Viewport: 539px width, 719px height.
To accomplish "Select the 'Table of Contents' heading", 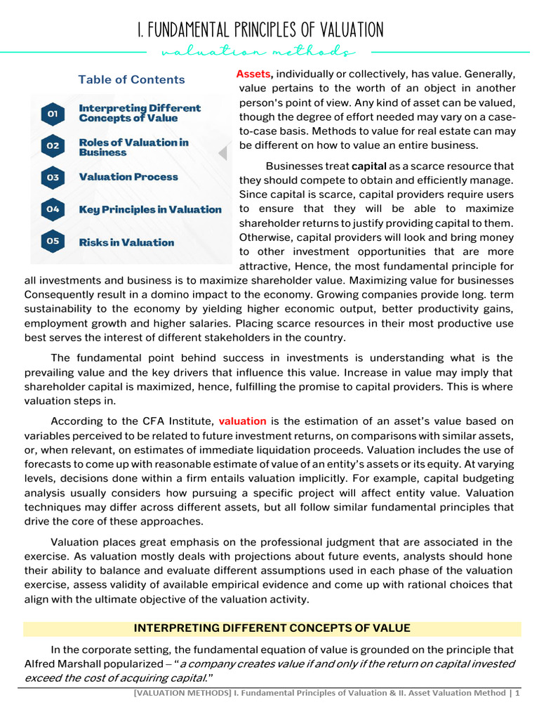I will click(x=131, y=79).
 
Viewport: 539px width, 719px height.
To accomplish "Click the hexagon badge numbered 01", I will click(x=53, y=113).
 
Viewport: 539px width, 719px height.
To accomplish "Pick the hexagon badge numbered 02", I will click(x=53, y=146).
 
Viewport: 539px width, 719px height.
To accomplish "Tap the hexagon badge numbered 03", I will click(x=53, y=178).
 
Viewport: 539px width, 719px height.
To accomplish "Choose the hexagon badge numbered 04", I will click(x=53, y=209).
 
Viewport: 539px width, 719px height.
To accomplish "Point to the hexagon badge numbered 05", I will click(x=53, y=242).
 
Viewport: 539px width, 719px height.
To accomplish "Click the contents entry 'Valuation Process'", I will click(x=128, y=177).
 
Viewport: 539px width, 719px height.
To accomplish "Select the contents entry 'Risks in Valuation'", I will click(x=126, y=242).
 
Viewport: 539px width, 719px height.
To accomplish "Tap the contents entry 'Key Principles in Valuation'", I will click(x=150, y=209).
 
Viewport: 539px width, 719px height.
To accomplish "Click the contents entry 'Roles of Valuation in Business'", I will click(x=133, y=147).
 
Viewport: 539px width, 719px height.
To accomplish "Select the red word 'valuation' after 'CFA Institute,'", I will click(x=242, y=421).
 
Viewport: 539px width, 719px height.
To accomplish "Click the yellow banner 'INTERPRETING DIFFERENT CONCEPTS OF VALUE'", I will click(x=272, y=628).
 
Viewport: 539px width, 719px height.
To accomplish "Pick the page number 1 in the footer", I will click(x=517, y=694).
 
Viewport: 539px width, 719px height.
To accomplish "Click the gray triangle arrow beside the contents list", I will click(x=224, y=153).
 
